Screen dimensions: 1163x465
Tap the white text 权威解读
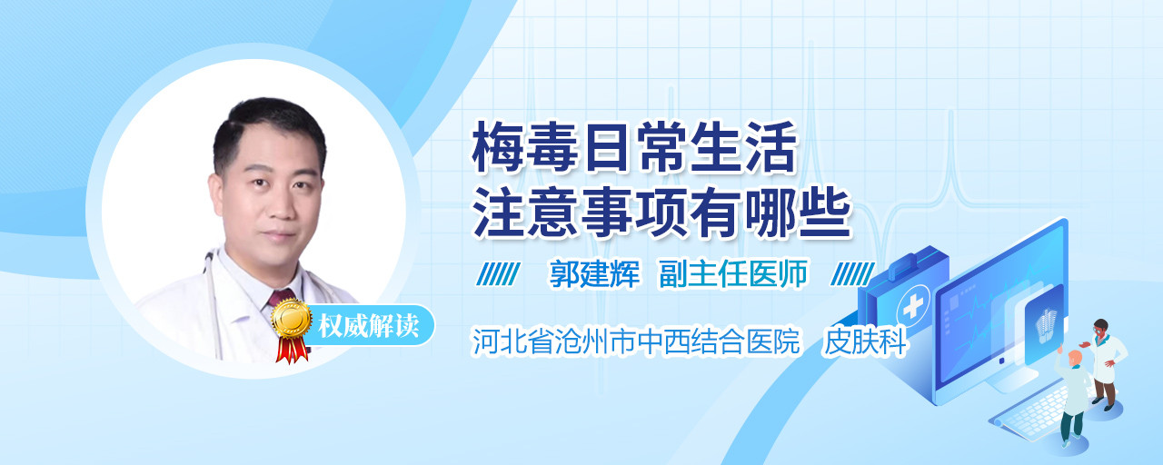click(369, 326)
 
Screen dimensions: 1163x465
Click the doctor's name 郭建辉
click(594, 273)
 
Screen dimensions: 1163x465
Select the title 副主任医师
click(733, 273)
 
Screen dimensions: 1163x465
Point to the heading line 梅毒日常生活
click(634, 147)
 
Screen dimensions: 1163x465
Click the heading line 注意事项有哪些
click(662, 213)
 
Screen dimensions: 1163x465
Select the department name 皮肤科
click(866, 341)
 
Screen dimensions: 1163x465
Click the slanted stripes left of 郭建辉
click(498, 274)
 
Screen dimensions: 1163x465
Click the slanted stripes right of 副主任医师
click(852, 274)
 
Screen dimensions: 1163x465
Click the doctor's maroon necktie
click(281, 297)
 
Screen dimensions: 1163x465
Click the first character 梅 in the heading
click(497, 147)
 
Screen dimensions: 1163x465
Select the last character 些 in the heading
click(826, 213)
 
